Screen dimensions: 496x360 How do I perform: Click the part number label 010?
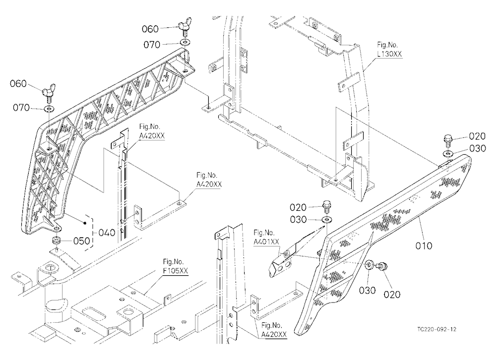click(x=424, y=245)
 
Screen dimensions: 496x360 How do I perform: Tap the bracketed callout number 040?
click(x=107, y=233)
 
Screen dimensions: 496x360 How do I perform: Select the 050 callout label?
click(x=82, y=241)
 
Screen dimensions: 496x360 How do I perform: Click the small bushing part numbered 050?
click(x=57, y=240)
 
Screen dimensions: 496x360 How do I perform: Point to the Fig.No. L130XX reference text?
click(x=389, y=50)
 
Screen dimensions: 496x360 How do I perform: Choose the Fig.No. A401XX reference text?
click(x=266, y=237)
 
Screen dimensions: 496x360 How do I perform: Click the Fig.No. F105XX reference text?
click(x=175, y=266)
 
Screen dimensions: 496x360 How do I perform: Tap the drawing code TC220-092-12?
click(x=436, y=329)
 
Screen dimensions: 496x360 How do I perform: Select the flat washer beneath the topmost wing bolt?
click(x=186, y=42)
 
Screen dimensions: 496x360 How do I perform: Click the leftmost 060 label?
click(x=18, y=84)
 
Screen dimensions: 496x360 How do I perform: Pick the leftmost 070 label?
click(x=21, y=108)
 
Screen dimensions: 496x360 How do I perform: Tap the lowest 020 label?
click(x=392, y=295)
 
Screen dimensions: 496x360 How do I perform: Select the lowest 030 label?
click(x=367, y=290)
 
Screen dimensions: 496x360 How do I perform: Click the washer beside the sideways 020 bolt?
click(x=369, y=265)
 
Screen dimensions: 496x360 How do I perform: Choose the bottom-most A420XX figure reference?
click(x=274, y=330)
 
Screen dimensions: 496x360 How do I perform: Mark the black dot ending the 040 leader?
click(x=85, y=223)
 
